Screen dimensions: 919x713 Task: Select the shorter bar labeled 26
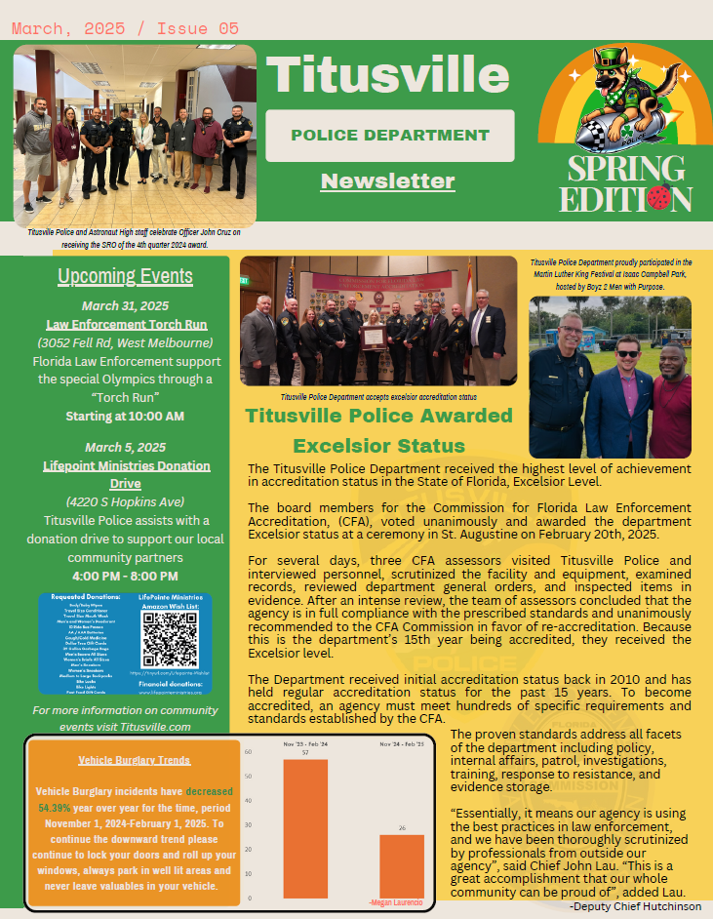[402, 865]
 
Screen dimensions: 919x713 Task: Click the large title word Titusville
[387, 74]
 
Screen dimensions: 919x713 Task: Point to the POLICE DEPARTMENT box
[389, 135]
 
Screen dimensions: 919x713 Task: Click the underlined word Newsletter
[387, 180]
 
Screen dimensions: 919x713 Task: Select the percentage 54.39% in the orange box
[56, 809]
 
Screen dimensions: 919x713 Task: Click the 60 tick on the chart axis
[249, 752]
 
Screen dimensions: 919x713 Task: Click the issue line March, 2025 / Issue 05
[125, 27]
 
